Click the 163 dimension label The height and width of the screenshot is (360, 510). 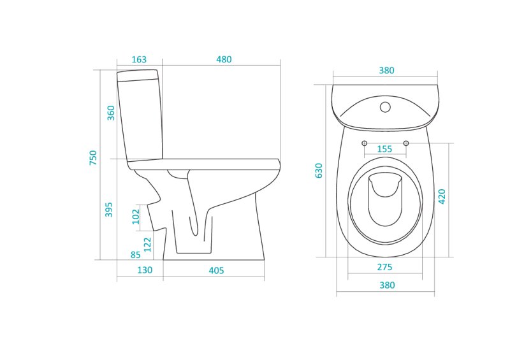pyautogui.click(x=139, y=59)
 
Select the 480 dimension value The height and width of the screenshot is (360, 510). pyautogui.click(x=224, y=59)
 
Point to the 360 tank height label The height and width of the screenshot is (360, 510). pyautogui.click(x=111, y=113)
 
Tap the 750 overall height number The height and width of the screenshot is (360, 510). pyautogui.click(x=93, y=157)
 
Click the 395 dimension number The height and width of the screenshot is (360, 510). pyautogui.click(x=108, y=210)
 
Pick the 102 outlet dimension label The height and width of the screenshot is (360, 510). pyautogui.click(x=136, y=217)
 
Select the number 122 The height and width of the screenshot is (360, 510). pyautogui.click(x=147, y=245)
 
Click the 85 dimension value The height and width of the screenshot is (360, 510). pyautogui.click(x=135, y=255)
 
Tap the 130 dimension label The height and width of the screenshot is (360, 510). pyautogui.click(x=145, y=270)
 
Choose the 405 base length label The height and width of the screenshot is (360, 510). pyautogui.click(x=216, y=271)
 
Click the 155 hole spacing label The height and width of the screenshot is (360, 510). pyautogui.click(x=384, y=149)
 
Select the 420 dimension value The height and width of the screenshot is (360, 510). pyautogui.click(x=442, y=196)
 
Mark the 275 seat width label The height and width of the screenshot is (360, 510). pyautogui.click(x=384, y=267)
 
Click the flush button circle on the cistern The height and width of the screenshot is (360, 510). pyautogui.click(x=385, y=107)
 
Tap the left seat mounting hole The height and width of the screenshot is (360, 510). pyautogui.click(x=364, y=143)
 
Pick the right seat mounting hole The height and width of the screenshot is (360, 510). pyautogui.click(x=405, y=143)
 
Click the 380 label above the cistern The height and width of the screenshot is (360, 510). pyautogui.click(x=386, y=71)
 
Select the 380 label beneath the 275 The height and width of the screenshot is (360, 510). pyautogui.click(x=387, y=285)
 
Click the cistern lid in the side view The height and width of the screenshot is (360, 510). pyautogui.click(x=138, y=75)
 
